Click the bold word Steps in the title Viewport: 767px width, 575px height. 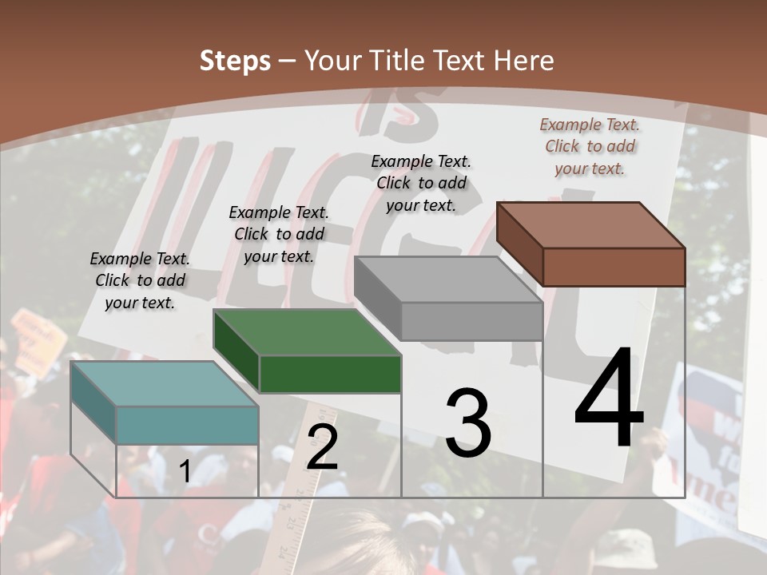[235, 61]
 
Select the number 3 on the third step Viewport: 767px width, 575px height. [468, 423]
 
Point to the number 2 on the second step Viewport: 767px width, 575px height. [322, 448]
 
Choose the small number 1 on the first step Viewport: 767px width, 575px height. [185, 471]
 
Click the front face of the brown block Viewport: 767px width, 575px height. [614, 267]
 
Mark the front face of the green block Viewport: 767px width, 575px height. [330, 374]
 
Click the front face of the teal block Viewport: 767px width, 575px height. [187, 425]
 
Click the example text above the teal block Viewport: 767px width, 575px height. [140, 280]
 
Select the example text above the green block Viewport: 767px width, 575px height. [279, 234]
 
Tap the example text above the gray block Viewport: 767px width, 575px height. [421, 183]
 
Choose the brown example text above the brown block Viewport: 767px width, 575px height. [590, 146]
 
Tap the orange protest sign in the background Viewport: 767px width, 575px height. [38, 340]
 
